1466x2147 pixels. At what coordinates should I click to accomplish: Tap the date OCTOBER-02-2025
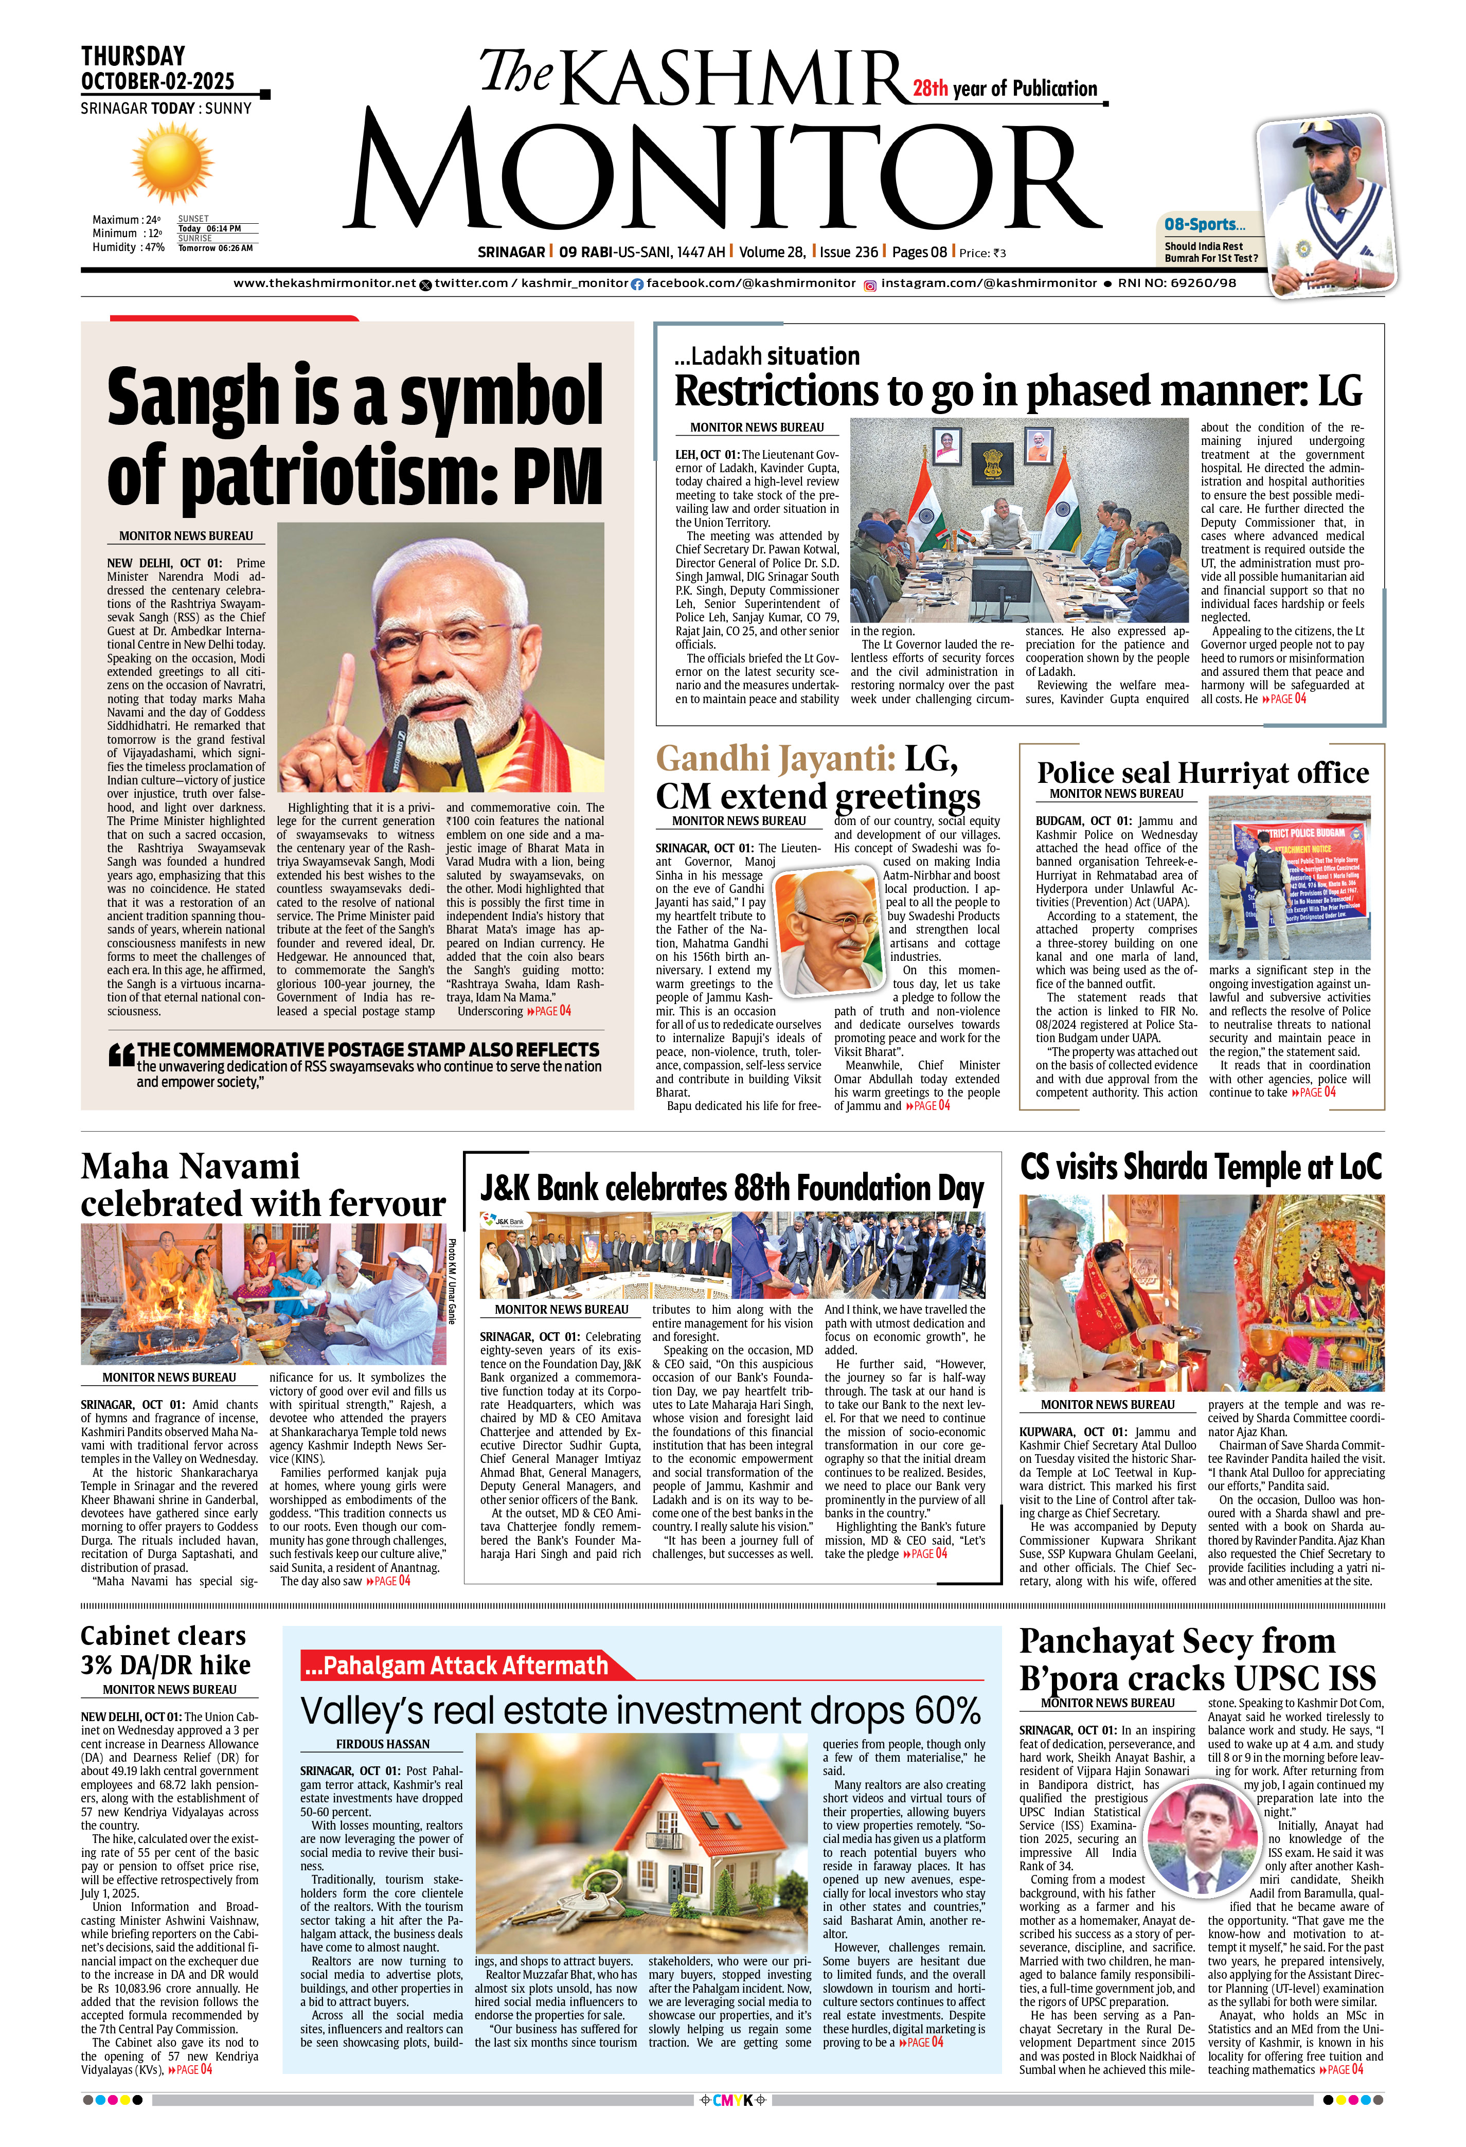pyautogui.click(x=157, y=81)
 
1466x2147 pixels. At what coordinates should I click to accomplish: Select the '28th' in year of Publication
pyautogui.click(x=930, y=88)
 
